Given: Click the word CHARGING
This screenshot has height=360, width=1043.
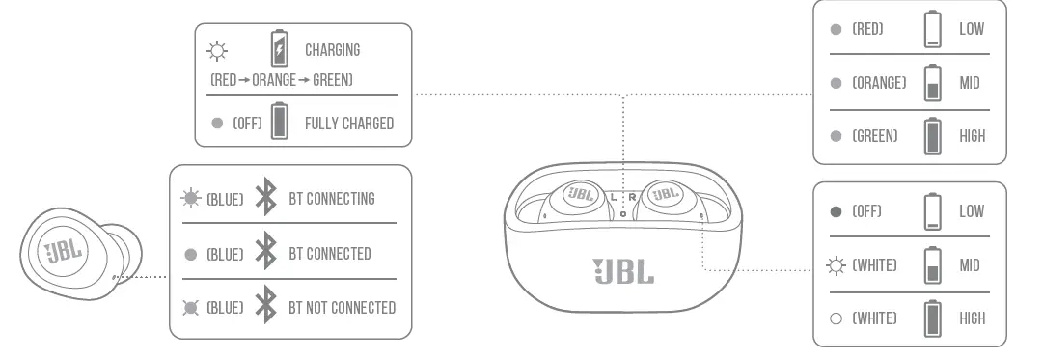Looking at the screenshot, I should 332,50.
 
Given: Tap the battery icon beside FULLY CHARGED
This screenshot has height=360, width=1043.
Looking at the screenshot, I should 279,123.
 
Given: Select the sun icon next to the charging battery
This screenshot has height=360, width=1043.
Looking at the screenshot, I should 216,50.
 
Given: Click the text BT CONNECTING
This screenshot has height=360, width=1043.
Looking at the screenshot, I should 332,199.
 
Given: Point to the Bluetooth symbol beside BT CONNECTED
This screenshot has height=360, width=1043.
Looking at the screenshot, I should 264,254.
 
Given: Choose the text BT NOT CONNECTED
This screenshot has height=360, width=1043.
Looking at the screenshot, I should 343,308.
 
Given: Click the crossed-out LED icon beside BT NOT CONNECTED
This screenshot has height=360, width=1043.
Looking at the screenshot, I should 190,308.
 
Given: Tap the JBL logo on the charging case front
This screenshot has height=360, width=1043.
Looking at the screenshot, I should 622,271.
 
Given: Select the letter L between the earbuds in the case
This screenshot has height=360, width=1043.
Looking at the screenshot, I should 614,196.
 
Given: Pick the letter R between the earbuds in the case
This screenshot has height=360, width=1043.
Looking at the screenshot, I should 632,196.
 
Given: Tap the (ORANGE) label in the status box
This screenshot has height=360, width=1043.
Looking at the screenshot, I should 879,83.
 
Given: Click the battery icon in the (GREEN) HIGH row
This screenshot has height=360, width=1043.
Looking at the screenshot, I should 932,136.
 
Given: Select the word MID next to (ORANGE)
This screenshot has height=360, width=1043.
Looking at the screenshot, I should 970,83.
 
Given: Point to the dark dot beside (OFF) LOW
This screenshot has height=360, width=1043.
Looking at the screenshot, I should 836,211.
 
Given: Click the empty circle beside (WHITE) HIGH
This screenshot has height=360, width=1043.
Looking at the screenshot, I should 836,318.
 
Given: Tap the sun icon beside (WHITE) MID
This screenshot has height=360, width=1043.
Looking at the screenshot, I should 836,265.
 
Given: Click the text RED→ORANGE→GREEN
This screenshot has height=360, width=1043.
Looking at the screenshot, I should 281,80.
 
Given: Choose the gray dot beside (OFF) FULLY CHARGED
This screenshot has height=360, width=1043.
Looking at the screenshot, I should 217,124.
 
